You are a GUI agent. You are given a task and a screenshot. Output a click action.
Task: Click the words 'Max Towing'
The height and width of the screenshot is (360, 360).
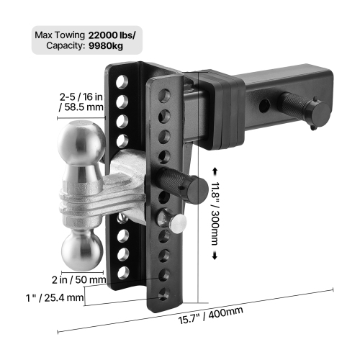60,34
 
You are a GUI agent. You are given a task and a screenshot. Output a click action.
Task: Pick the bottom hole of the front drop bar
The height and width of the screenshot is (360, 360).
166,291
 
